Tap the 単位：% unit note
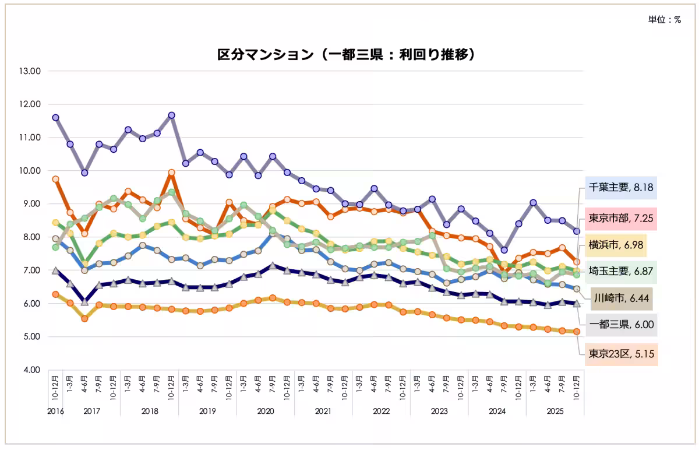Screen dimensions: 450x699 [x=665, y=20]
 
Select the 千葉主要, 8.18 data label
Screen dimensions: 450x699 [x=620, y=188]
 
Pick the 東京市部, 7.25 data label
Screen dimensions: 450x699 [x=620, y=219]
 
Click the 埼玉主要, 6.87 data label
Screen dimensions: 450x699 [x=620, y=272]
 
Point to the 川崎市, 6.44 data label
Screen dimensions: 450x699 [x=622, y=298]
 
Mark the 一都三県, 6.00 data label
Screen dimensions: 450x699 [x=620, y=325]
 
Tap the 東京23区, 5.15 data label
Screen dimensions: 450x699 [x=620, y=354]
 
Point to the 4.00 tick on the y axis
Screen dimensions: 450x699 [x=31, y=370]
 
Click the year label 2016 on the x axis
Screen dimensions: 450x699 [x=55, y=411]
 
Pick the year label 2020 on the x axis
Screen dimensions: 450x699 [x=265, y=411]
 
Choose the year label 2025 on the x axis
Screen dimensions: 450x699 [x=555, y=411]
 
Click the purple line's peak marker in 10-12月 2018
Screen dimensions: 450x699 [x=171, y=115]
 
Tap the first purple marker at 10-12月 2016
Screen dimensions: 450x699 [x=55, y=117]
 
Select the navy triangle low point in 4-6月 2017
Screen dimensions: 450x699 [x=84, y=301]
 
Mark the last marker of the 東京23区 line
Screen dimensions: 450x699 [x=577, y=332]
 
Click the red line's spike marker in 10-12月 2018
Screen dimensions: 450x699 [x=171, y=173]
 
